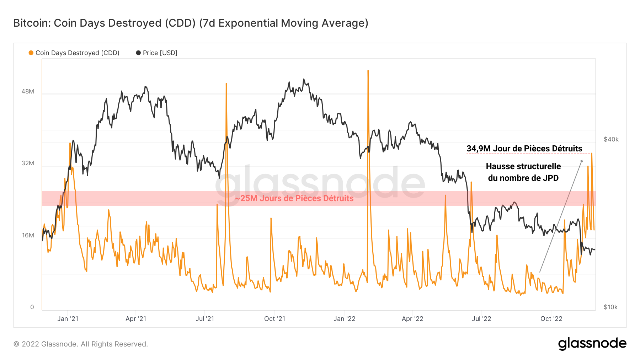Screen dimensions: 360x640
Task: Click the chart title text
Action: click(x=191, y=23)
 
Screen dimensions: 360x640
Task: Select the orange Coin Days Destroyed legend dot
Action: click(x=31, y=53)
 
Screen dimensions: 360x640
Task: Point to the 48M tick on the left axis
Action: click(x=28, y=91)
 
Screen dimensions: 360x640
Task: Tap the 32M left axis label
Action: click(x=28, y=163)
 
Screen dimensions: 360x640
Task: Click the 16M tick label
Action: click(x=28, y=235)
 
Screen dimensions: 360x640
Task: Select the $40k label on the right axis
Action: click(x=611, y=139)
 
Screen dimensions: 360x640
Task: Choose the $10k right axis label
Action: click(x=610, y=307)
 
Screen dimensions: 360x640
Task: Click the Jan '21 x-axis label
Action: click(x=68, y=319)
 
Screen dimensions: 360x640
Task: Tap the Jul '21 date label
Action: click(x=205, y=319)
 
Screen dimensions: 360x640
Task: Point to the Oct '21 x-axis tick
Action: click(x=274, y=319)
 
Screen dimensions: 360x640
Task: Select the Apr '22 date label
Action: click(x=412, y=319)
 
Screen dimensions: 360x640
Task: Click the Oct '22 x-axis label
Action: click(x=551, y=319)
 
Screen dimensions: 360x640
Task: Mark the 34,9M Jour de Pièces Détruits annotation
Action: click(x=524, y=149)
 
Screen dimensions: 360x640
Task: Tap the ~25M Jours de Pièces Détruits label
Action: click(x=294, y=198)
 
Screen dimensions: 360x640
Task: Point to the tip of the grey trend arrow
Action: click(x=582, y=160)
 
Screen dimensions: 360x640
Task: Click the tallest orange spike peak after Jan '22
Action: click(x=368, y=71)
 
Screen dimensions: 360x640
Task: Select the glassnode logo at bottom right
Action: click(x=592, y=344)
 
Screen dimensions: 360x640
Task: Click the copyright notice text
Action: click(x=81, y=344)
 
